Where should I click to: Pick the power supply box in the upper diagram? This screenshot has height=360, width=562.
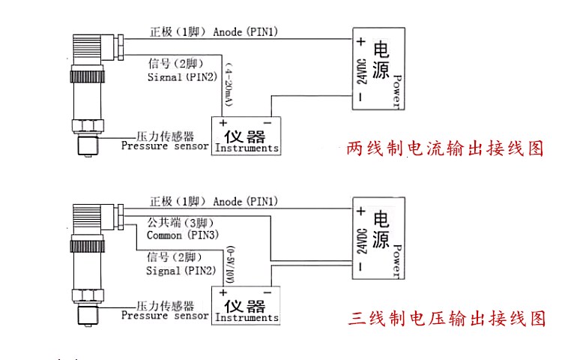[378, 69]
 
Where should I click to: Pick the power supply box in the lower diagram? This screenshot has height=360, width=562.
[378, 239]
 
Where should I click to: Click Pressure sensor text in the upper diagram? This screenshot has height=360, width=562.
[164, 146]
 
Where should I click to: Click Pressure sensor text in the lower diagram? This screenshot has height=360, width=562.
[164, 316]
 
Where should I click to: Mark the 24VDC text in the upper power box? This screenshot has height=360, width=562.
[361, 69]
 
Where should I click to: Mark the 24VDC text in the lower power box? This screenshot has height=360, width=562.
[361, 239]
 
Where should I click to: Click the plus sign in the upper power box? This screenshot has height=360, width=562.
[360, 41]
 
